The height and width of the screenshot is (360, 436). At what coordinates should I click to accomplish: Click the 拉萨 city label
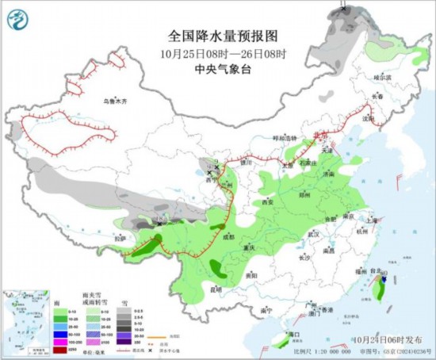click(120, 238)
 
